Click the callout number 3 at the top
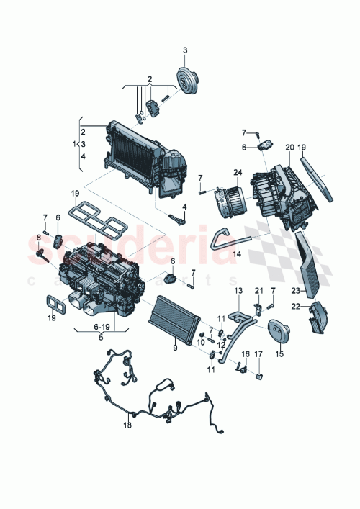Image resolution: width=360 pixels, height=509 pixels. click(184, 50)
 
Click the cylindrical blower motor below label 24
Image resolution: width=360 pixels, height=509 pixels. click(228, 199)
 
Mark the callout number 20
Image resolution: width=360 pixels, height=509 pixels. click(289, 148)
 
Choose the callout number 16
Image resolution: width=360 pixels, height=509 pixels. click(244, 354)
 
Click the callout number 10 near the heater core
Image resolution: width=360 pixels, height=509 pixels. click(202, 343)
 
